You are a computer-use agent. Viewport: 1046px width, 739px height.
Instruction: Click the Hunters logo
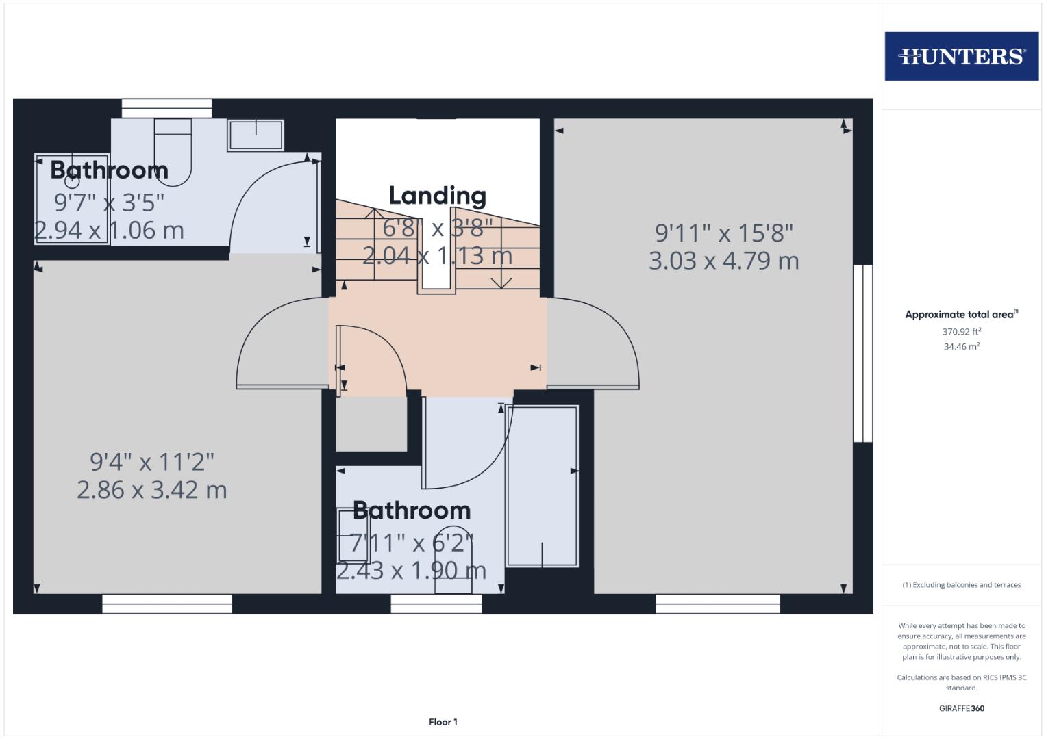pyautogui.click(x=961, y=56)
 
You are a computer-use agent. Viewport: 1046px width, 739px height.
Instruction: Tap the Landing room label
pyautogui.click(x=437, y=196)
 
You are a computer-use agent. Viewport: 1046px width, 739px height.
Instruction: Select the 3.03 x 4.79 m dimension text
pyautogui.click(x=723, y=261)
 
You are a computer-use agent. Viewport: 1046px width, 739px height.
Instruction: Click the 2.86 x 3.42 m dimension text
pyautogui.click(x=151, y=490)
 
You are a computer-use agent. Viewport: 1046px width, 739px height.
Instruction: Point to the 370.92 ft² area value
pyautogui.click(x=961, y=332)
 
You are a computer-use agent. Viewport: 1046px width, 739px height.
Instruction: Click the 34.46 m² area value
pyautogui.click(x=961, y=347)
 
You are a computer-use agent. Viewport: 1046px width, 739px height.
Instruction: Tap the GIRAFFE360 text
pyautogui.click(x=961, y=708)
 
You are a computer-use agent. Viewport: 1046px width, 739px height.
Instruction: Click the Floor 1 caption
pyautogui.click(x=443, y=722)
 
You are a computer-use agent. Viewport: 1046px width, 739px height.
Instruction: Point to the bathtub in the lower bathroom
pyautogui.click(x=542, y=486)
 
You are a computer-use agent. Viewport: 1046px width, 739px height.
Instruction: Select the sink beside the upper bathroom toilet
pyautogui.click(x=256, y=134)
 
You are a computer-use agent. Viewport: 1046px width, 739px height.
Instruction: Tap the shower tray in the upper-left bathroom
pyautogui.click(x=72, y=198)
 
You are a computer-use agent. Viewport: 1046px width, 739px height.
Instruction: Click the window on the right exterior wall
pyautogui.click(x=862, y=353)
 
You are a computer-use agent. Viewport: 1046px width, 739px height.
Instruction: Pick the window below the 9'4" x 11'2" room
pyautogui.click(x=166, y=604)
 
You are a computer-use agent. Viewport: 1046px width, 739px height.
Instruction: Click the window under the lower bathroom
pyautogui.click(x=436, y=604)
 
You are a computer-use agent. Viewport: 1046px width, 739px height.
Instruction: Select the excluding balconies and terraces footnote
pyautogui.click(x=961, y=585)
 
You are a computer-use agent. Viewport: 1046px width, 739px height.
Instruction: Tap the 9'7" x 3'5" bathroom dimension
pyautogui.click(x=109, y=203)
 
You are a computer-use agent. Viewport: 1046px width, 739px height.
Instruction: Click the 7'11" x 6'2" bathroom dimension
pyautogui.click(x=411, y=543)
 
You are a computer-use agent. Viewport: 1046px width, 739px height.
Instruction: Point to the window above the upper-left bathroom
pyautogui.click(x=166, y=108)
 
